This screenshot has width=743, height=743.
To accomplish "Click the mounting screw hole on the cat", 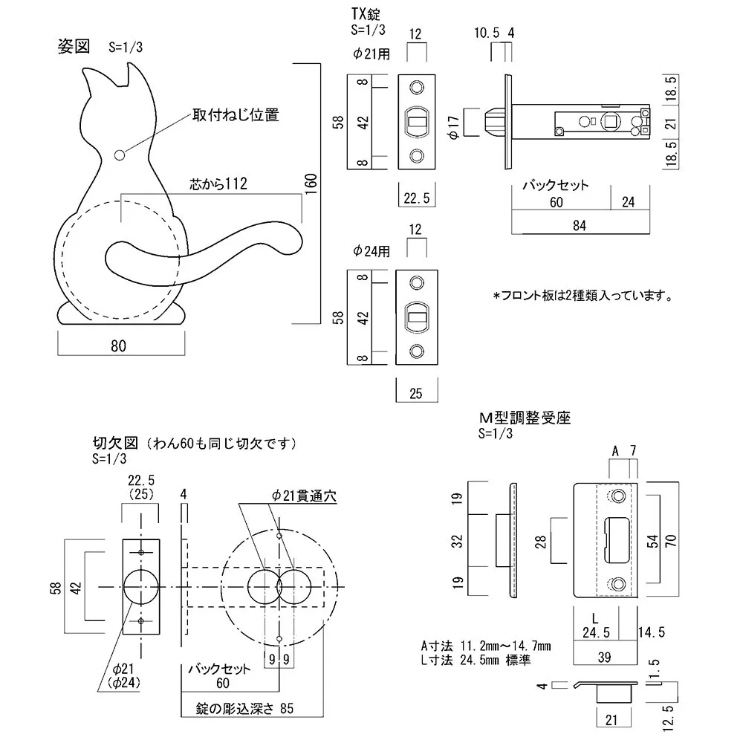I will tap(120, 155).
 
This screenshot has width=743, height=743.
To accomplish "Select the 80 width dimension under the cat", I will tap(118, 345).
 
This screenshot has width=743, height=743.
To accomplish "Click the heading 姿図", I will tap(74, 46).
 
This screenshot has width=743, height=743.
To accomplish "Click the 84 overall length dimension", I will tap(580, 226).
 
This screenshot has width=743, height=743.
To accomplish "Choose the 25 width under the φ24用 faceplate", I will tap(415, 394).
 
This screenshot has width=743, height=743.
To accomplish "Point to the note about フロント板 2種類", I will tap(583, 296).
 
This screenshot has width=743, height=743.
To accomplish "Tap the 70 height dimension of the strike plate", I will tap(673, 540).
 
